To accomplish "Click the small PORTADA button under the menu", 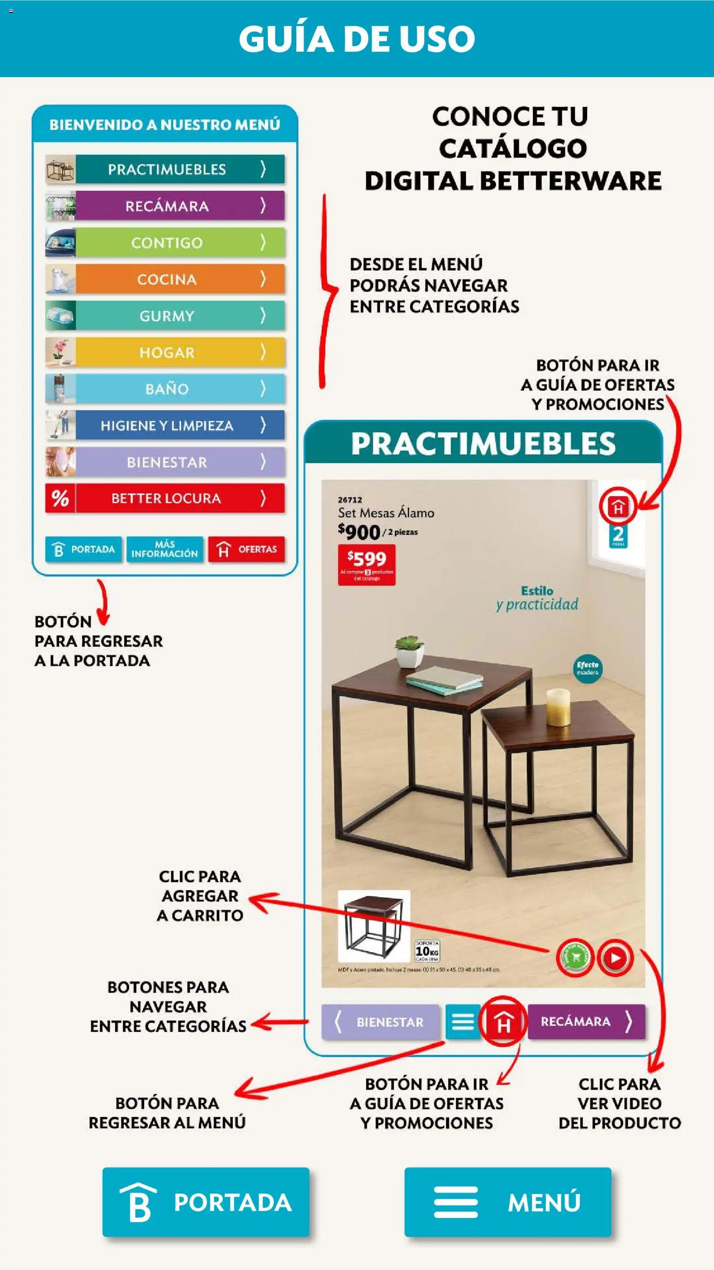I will pos(83,549).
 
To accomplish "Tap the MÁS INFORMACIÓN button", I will pos(164,549).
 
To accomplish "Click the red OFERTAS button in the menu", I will pos(246,549).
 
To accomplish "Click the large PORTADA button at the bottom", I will pos(206,1202).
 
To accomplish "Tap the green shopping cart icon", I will pos(574,958).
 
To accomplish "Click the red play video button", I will pos(615,958).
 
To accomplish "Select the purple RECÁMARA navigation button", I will pos(586,1022).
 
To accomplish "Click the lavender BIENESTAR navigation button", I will pos(380,1022).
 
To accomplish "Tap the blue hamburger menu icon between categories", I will pos(462,1022).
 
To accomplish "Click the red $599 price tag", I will pos(367,564).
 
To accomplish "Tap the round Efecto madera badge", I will pos(587,669).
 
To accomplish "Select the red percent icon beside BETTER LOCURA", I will pos(60,499).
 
